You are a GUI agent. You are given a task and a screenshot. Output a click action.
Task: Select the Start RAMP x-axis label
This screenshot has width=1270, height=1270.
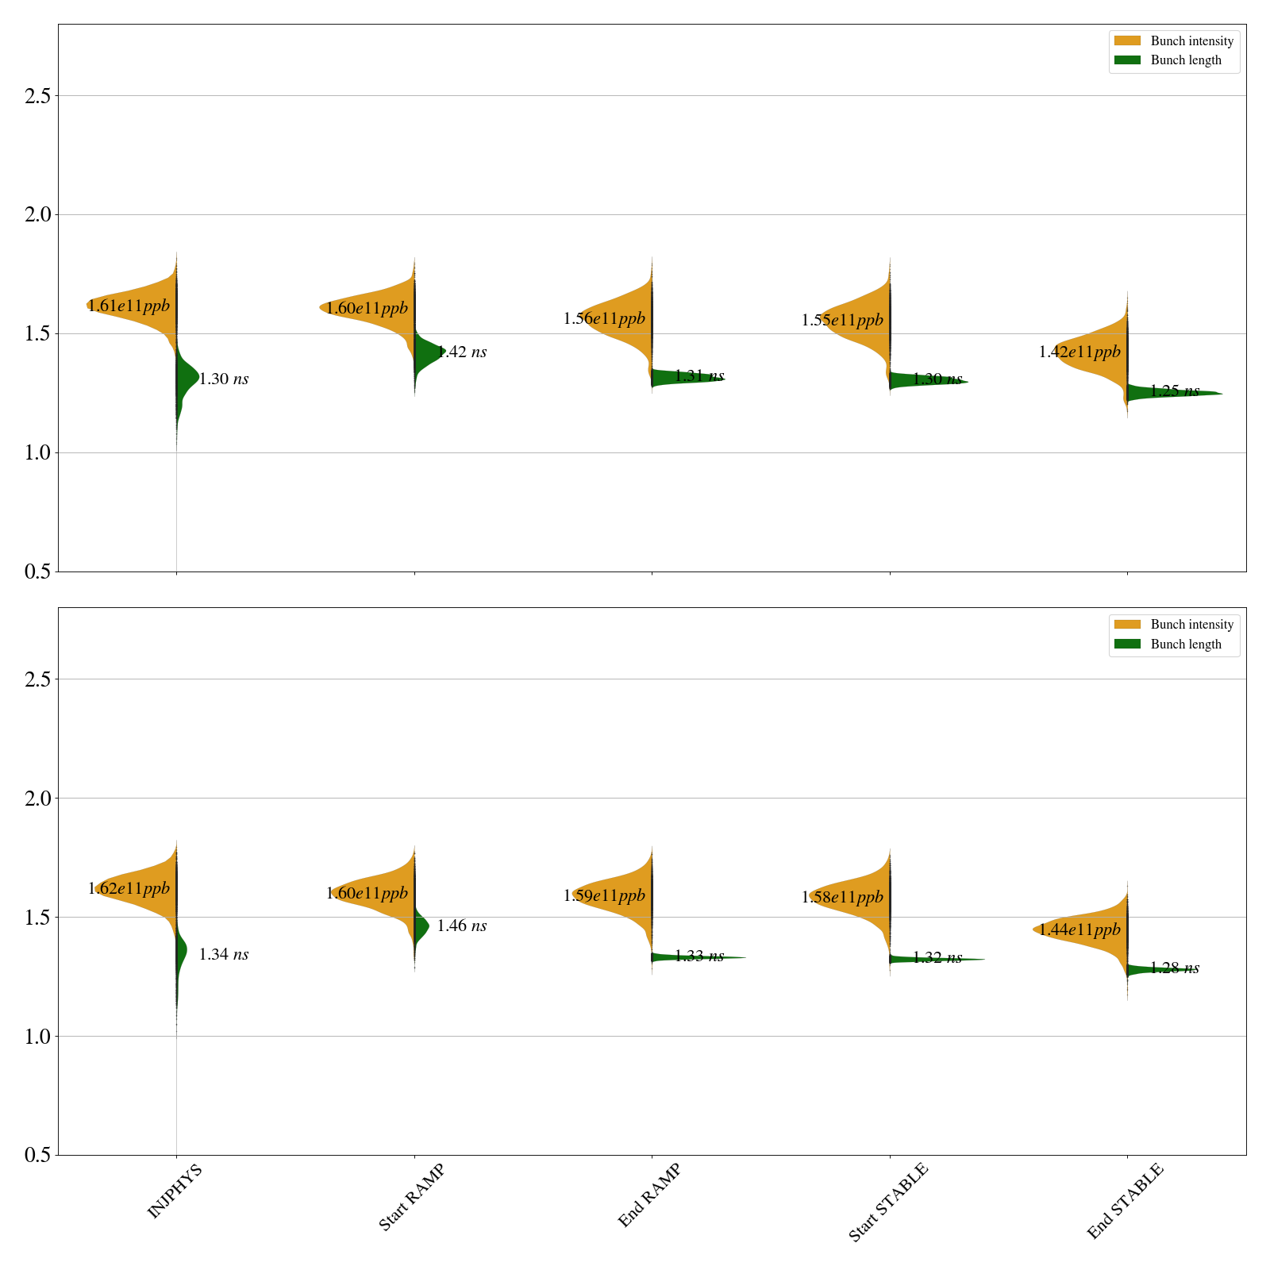click(x=411, y=1197)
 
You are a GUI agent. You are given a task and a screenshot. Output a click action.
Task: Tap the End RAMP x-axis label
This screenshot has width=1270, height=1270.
click(x=649, y=1195)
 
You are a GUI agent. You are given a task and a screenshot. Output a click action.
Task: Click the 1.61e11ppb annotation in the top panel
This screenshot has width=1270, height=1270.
click(x=129, y=306)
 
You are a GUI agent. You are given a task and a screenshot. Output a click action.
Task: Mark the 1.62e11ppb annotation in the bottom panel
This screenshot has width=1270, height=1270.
click(x=129, y=888)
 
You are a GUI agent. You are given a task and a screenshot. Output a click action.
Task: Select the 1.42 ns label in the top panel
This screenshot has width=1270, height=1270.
click(x=462, y=352)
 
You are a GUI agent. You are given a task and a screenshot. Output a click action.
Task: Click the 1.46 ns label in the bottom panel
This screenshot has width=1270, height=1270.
click(x=462, y=926)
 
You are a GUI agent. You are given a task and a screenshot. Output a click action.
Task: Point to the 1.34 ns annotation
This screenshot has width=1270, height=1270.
click(x=224, y=954)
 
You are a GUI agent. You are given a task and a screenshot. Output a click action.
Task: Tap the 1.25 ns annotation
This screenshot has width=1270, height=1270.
click(x=1175, y=391)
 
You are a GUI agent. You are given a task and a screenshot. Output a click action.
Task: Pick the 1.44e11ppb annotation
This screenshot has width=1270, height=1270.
click(x=1079, y=929)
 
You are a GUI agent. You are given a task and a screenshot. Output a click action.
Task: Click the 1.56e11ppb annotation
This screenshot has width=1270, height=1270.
click(x=604, y=318)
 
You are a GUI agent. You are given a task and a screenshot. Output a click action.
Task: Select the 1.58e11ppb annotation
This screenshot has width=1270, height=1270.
click(x=842, y=897)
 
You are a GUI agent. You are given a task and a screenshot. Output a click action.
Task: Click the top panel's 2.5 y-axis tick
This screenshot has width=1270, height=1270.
click(x=37, y=96)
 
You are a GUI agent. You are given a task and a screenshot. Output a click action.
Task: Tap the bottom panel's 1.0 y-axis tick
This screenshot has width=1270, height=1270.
click(x=37, y=1037)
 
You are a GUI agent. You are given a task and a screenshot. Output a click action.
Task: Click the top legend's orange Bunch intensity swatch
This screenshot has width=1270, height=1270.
click(x=1127, y=40)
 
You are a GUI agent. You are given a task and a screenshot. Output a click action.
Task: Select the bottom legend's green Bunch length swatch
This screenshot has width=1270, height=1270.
click(x=1127, y=644)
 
